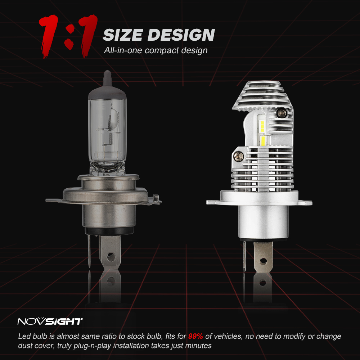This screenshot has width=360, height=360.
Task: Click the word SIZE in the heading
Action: [x=123, y=35]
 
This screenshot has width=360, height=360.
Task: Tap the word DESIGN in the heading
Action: [x=182, y=35]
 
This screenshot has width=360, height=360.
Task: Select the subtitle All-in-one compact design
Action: [x=156, y=50]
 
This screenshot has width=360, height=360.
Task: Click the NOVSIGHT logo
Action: [x=50, y=321]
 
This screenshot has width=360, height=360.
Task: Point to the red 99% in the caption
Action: [x=195, y=337]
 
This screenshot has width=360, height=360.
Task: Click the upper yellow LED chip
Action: [x=262, y=126]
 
